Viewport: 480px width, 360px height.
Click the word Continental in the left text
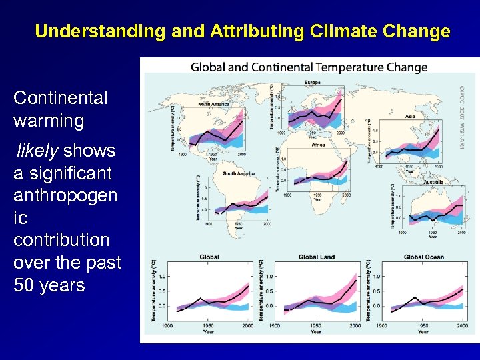point(60,98)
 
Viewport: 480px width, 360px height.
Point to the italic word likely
point(37,151)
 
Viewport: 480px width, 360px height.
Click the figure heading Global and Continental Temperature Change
point(309,67)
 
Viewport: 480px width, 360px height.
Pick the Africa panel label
point(319,144)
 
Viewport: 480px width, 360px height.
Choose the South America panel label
point(239,174)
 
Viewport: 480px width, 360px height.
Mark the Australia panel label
point(433,182)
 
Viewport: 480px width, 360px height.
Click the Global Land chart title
point(317,257)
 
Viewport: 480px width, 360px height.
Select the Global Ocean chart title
point(423,257)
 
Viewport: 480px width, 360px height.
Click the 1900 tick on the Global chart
point(167,325)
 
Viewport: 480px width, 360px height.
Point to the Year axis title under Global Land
point(315,331)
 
